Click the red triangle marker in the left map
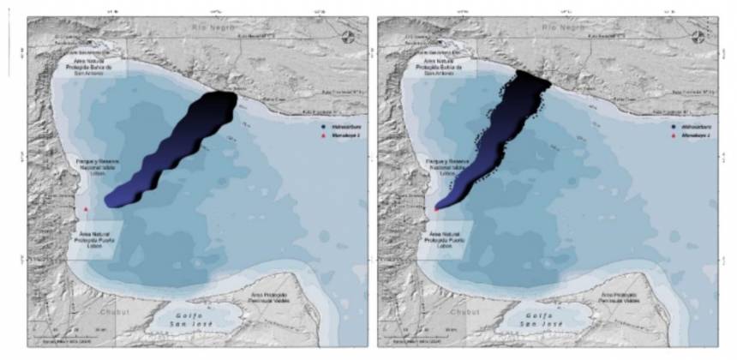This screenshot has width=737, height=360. pos(86,207)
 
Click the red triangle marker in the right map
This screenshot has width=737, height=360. pos(436,207)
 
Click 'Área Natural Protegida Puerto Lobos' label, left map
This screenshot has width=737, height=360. pos(96,237)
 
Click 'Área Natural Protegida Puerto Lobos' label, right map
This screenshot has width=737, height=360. pos(446,237)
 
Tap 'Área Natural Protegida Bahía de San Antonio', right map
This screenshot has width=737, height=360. pos(445,67)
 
